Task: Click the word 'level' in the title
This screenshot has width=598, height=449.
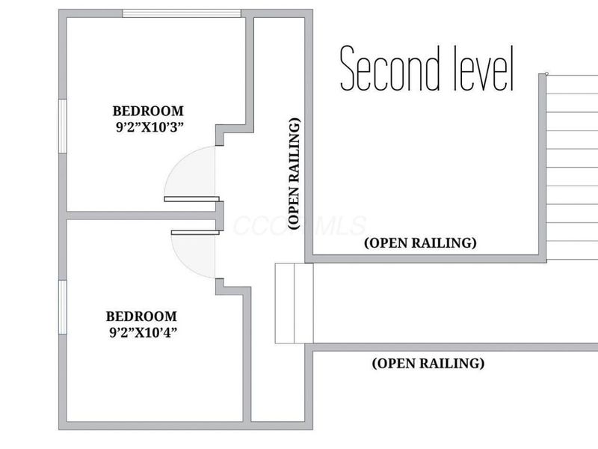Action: pos(483,68)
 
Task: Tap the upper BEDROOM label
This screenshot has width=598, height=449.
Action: pos(148,111)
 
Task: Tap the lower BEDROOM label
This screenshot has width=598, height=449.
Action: pos(141,317)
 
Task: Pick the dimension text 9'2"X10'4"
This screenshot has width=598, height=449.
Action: pos(144,332)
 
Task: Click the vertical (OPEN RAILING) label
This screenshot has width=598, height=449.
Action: pos(294,174)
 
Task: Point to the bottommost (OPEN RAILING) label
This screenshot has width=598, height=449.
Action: pos(428,363)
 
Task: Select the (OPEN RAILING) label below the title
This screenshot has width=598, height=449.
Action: pos(420,242)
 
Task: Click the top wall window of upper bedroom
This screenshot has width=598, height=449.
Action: pos(182,13)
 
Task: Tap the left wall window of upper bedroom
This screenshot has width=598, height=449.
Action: pos(63,126)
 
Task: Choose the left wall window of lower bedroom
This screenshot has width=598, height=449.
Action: pos(63,308)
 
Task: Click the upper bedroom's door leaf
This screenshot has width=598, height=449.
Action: pos(192,199)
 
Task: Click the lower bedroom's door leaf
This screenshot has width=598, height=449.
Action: pos(195,232)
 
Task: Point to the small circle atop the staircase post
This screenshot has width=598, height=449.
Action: pos(547,73)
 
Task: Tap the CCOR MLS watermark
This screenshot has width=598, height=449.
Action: pos(300,225)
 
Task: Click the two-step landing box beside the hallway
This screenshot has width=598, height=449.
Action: pos(294,303)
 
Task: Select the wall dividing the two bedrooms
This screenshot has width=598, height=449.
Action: pos(141,216)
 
